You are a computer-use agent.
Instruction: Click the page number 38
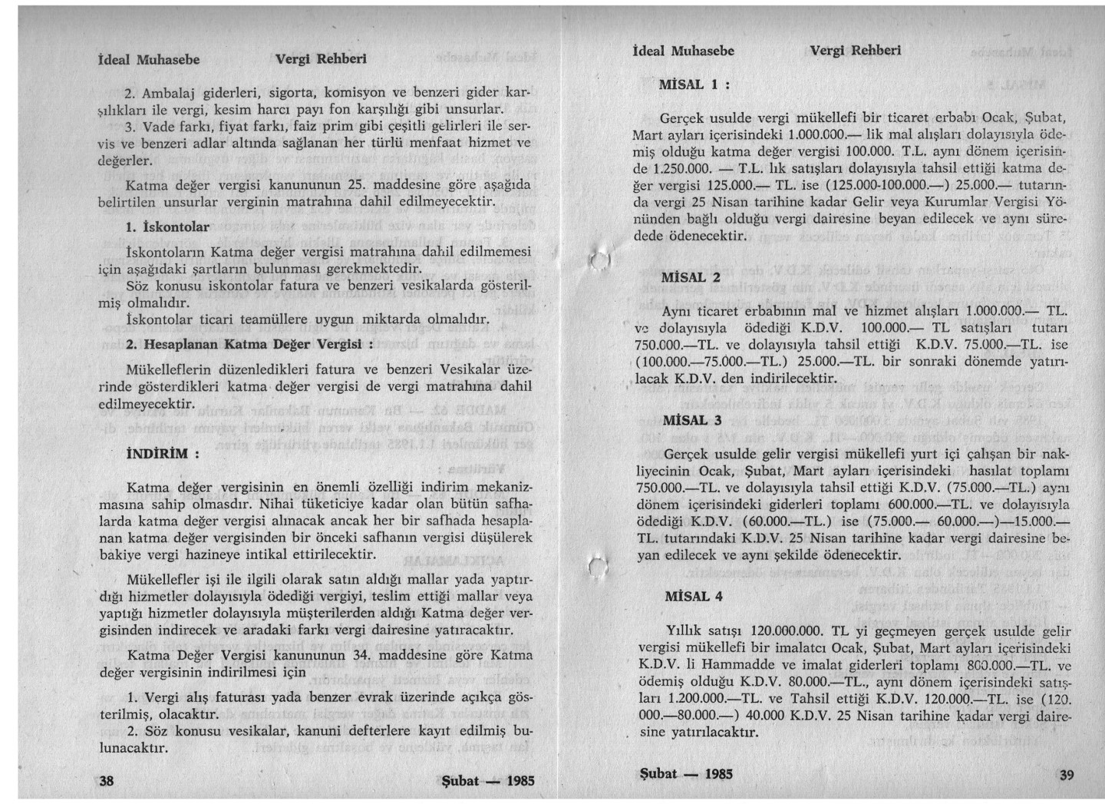pyautogui.click(x=107, y=780)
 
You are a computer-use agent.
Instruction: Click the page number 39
pyautogui.click(x=1066, y=774)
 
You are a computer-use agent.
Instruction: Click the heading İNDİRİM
pyautogui.click(x=163, y=452)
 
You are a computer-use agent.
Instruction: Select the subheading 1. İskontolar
pyautogui.click(x=167, y=227)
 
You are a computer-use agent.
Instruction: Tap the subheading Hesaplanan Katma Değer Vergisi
pyautogui.click(x=249, y=343)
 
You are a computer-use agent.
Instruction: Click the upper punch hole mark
pyautogui.click(x=599, y=261)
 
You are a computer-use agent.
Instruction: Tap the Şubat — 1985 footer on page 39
pyautogui.click(x=686, y=773)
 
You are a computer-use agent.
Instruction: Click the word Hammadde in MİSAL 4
pyautogui.click(x=736, y=666)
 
